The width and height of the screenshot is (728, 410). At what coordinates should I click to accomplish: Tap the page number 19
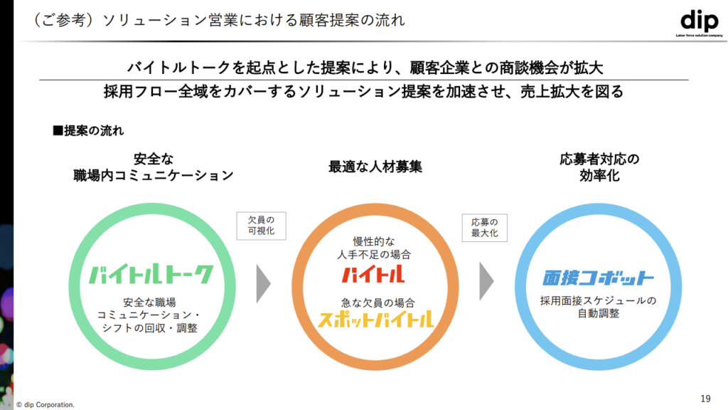click(x=705, y=397)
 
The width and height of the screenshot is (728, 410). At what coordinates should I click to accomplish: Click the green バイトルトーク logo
click(x=151, y=275)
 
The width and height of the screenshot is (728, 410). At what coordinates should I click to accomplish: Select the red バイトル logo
click(x=373, y=273)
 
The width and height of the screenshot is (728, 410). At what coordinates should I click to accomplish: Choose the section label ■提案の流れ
click(x=89, y=130)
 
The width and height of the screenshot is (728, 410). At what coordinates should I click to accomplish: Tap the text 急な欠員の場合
click(x=374, y=302)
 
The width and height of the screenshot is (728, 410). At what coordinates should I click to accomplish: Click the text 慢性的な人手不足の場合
click(x=374, y=247)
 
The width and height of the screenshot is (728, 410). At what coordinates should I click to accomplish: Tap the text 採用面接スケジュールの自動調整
click(x=599, y=307)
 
